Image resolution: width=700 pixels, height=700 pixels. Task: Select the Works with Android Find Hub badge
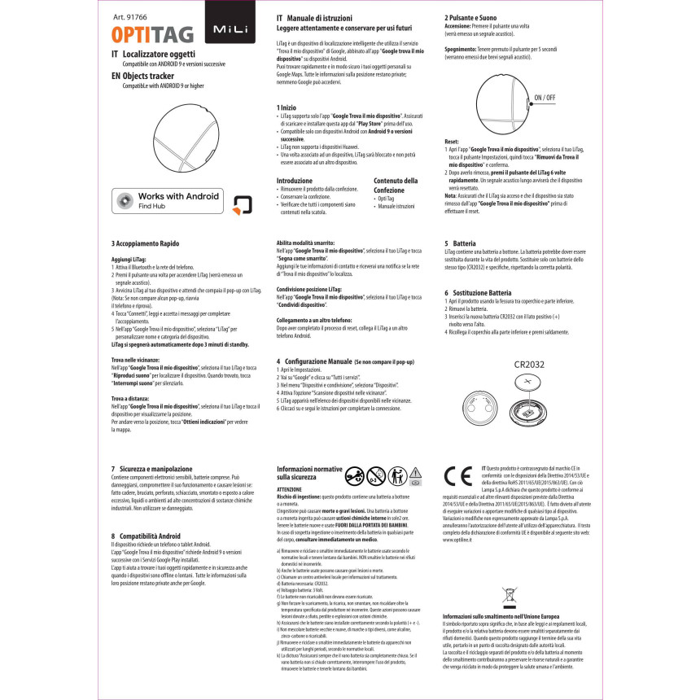coord(167,201)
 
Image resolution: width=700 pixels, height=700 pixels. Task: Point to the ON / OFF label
coord(546,98)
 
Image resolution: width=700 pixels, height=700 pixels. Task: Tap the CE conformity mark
coord(461,475)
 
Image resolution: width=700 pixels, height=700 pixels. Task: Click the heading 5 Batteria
coord(460,243)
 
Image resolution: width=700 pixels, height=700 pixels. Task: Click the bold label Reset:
coord(452,142)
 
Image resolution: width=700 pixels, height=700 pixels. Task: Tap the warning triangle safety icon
coord(415,474)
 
